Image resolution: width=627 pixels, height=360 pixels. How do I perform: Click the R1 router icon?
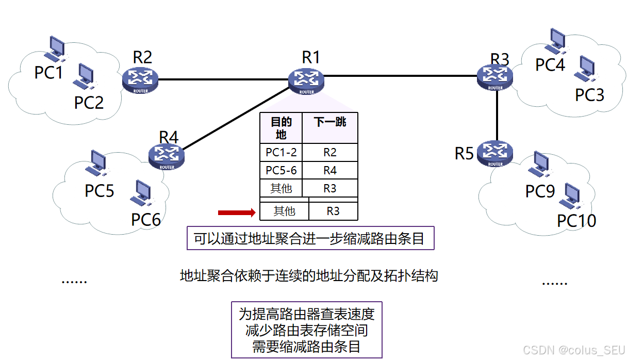click(307, 80)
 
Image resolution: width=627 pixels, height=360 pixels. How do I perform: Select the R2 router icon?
click(140, 78)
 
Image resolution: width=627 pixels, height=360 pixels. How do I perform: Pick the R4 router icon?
click(167, 155)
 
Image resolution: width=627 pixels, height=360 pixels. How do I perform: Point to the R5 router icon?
click(495, 153)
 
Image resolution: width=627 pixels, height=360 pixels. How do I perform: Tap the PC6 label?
click(146, 220)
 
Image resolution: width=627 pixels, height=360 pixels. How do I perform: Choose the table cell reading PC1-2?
click(281, 153)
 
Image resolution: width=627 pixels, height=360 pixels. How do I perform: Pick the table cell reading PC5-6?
click(281, 170)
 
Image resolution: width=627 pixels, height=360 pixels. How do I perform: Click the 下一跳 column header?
click(330, 123)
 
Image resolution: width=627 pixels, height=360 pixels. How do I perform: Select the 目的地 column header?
click(281, 128)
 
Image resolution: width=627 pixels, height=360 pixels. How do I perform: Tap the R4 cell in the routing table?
click(330, 170)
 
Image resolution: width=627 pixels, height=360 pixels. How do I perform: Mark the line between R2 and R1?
click(223, 79)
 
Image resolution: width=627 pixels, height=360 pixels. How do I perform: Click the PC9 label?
click(540, 191)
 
